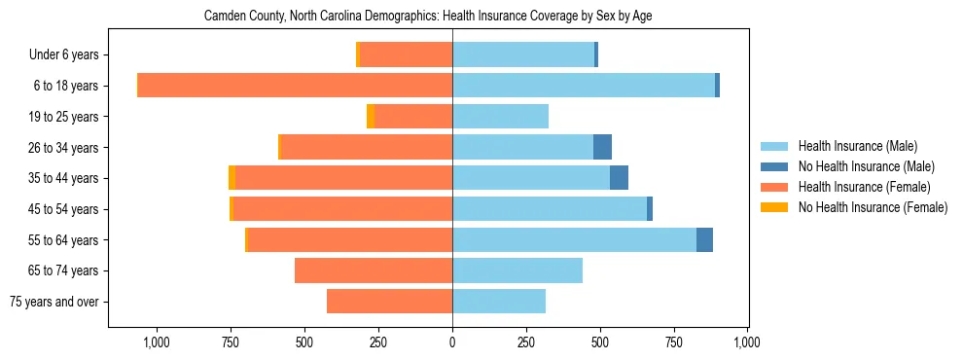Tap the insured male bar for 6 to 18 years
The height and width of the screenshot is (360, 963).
pos(584,86)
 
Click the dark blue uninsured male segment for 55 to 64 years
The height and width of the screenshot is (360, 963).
pos(704,239)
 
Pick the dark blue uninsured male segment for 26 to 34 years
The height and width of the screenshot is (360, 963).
pos(602,147)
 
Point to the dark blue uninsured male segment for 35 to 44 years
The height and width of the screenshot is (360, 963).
pos(619,178)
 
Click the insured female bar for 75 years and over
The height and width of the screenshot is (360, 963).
pos(389,302)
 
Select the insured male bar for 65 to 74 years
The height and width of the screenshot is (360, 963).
pos(517,270)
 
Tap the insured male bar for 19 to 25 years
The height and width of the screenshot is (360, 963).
pos(500,117)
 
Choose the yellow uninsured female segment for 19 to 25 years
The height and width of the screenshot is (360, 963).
pos(371,117)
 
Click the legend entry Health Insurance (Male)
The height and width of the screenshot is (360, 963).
pos(857,146)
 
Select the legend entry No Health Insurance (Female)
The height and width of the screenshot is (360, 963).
pos(873,207)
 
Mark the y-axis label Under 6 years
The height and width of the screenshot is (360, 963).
pos(70,55)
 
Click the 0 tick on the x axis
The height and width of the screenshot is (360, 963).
pos(452,342)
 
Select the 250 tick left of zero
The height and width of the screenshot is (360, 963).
pos(378,342)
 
